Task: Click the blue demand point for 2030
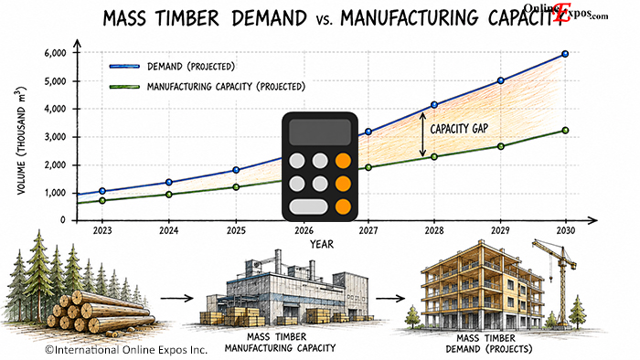(x=565, y=54)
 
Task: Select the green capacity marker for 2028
(x=434, y=156)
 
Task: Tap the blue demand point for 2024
(x=168, y=182)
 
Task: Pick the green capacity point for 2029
(x=501, y=146)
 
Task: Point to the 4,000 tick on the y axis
(x=56, y=109)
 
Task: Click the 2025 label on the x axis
(x=236, y=231)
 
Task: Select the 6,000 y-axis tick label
(x=56, y=53)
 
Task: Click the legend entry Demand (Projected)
(x=172, y=67)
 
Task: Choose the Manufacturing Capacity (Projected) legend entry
(x=207, y=87)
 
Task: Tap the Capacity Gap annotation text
(x=459, y=129)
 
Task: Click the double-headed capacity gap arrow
(x=422, y=134)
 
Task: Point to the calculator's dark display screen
(x=320, y=132)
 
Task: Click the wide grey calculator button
(x=309, y=206)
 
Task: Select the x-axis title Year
(x=322, y=244)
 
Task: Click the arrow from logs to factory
(x=176, y=299)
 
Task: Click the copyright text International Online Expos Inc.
(x=126, y=350)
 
